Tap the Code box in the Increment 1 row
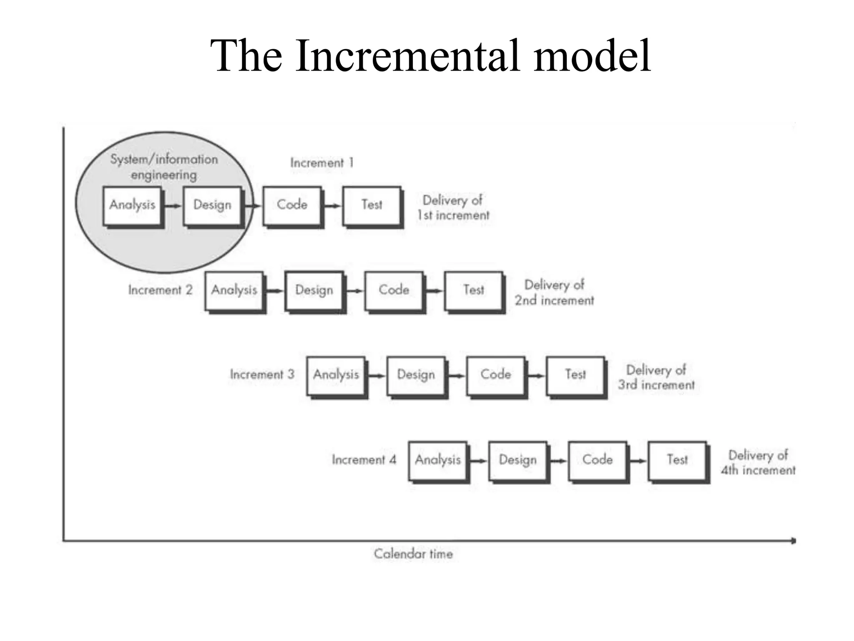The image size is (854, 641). (x=292, y=205)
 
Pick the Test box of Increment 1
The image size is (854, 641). (x=372, y=205)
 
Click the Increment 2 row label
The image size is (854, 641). (x=160, y=290)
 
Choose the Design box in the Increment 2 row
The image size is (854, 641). (x=314, y=290)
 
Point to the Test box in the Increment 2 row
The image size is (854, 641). (x=474, y=290)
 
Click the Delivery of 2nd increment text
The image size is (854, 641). (x=554, y=293)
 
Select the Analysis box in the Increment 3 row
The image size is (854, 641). (x=336, y=375)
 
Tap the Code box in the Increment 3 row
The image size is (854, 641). (x=495, y=375)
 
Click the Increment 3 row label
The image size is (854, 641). (x=262, y=374)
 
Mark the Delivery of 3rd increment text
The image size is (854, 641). (x=656, y=377)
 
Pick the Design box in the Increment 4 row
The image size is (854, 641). (x=517, y=460)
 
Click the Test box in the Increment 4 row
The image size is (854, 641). (x=677, y=460)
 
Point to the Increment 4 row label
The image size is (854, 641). (x=364, y=460)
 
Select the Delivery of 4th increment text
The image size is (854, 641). (x=758, y=462)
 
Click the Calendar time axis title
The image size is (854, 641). (x=413, y=554)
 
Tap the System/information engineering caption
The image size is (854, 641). (x=163, y=167)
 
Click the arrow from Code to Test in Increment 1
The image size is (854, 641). (x=332, y=206)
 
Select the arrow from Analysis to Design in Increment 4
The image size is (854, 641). (x=478, y=461)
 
